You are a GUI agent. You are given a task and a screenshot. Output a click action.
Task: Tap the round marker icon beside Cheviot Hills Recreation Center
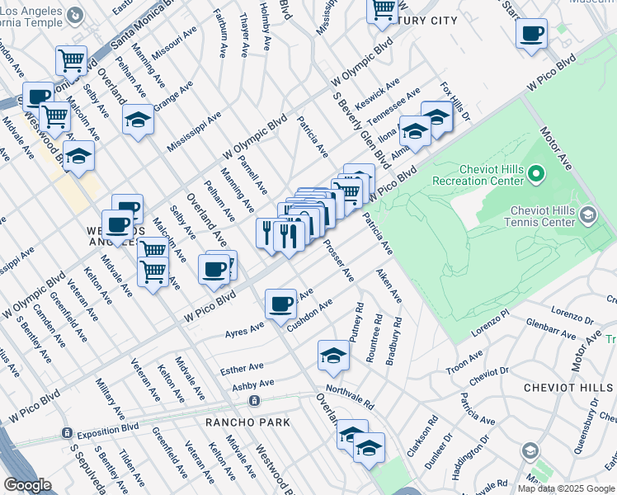[x=535, y=173]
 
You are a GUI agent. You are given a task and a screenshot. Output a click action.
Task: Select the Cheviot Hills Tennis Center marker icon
[x=587, y=216]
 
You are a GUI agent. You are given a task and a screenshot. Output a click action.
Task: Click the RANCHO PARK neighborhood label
[x=248, y=422]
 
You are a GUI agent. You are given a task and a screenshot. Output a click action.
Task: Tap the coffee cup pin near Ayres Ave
[x=280, y=304]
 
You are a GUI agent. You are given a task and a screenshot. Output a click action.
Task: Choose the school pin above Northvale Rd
[x=333, y=355]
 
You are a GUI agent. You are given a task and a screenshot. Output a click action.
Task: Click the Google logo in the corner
[x=27, y=485]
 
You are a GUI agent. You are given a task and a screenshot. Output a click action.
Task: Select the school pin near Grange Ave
[x=138, y=120]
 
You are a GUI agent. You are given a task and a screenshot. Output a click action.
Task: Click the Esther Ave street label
[x=243, y=368]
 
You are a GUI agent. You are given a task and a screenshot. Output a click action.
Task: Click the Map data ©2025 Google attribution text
[x=566, y=488]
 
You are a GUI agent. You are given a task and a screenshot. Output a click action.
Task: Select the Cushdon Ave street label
[x=309, y=314]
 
